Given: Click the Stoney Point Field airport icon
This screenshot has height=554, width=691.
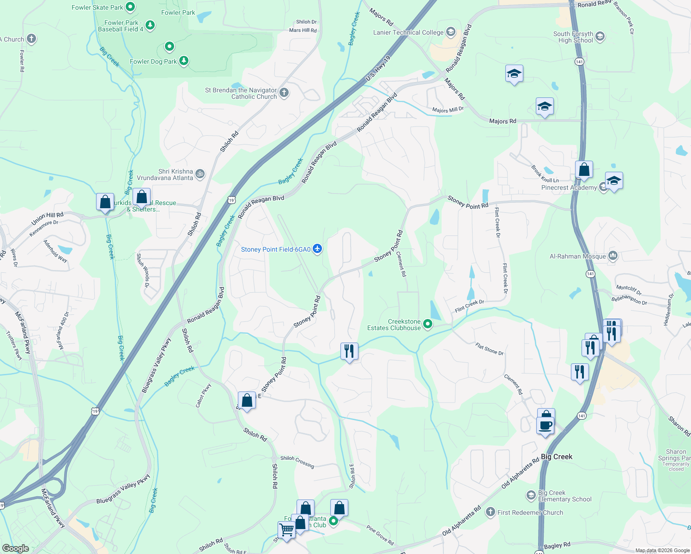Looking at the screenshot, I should tap(317, 249).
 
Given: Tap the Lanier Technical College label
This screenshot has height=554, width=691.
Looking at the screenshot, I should tap(408, 32).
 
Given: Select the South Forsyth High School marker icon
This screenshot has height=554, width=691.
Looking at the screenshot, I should tap(600, 36).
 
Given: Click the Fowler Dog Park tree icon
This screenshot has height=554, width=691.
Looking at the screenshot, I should tap(184, 61).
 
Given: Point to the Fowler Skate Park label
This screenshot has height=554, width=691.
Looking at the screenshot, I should tap(97, 7).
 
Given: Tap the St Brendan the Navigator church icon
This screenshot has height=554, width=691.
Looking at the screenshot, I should tap(284, 93).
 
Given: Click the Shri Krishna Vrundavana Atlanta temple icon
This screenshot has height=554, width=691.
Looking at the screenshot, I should tap(200, 174).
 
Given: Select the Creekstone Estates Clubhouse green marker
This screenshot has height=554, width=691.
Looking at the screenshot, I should tap(428, 324).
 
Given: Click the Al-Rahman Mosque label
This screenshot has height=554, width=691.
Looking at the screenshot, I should tap(577, 256).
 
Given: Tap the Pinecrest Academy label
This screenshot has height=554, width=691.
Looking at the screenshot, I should tap(569, 187).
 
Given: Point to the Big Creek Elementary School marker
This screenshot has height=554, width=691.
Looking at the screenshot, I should tap(531, 496).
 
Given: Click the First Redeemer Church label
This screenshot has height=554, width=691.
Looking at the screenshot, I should tap(530, 512).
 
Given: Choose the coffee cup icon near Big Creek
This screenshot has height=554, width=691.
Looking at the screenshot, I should tap(546, 425).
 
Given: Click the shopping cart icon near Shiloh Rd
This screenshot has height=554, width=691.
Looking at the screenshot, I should tap(286, 530).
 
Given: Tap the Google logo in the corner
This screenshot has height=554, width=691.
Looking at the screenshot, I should tap(15, 548).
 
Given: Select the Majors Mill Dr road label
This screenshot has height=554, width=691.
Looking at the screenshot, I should tap(448, 110).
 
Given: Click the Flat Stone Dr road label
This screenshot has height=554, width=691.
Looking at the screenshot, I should tap(490, 349).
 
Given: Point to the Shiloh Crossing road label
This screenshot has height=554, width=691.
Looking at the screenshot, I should tap(297, 462).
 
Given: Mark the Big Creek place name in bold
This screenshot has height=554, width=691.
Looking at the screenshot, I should tap(557, 457).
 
